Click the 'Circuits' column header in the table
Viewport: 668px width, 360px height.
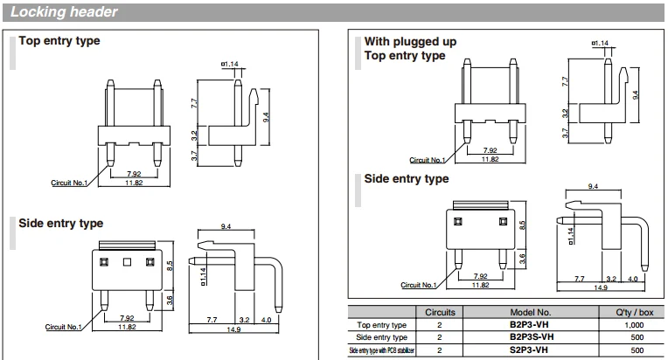(x=439, y=311)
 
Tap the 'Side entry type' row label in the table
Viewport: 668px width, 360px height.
(x=381, y=336)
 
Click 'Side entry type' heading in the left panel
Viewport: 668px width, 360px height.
(x=61, y=224)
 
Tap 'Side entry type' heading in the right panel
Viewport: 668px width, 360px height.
(x=407, y=179)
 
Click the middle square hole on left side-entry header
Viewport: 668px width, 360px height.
(x=127, y=261)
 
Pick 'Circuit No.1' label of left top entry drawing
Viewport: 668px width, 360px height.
(x=72, y=183)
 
